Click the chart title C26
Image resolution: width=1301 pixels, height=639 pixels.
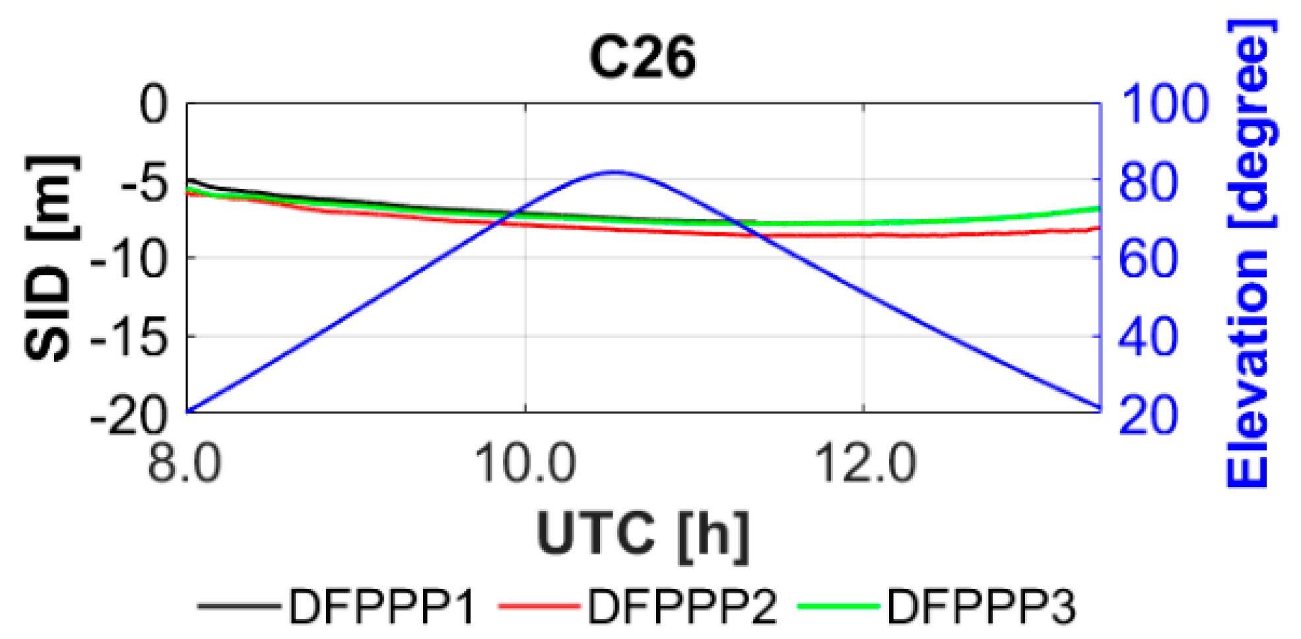pyautogui.click(x=642, y=57)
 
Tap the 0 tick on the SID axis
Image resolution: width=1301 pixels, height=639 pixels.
pyautogui.click(x=154, y=105)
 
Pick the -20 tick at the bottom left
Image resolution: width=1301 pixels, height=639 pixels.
pyautogui.click(x=129, y=416)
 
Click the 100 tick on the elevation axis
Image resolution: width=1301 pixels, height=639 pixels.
pyautogui.click(x=1164, y=105)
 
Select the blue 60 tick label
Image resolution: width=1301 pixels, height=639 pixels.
pyautogui.click(x=1149, y=259)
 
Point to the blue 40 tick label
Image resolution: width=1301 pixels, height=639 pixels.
pyautogui.click(x=1149, y=337)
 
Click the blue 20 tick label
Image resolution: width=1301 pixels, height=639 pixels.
pyautogui.click(x=1149, y=416)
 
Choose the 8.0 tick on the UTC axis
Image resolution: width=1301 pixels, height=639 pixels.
pyautogui.click(x=185, y=463)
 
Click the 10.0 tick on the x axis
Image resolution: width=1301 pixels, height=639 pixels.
pyautogui.click(x=525, y=463)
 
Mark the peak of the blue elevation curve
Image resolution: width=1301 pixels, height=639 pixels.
pyautogui.click(x=614, y=172)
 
